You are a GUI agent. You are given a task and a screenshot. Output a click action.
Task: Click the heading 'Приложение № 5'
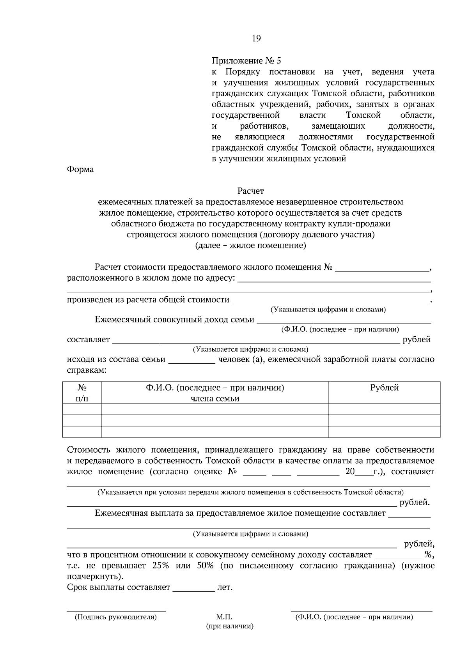coord(246,61)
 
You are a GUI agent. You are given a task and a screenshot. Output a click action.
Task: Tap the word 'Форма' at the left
coord(80,170)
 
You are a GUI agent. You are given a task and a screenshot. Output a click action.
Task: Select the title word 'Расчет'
coord(250,191)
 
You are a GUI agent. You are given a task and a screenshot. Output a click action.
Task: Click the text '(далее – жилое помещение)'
coord(250,246)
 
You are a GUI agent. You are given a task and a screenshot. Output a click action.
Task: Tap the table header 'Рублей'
coord(384,388)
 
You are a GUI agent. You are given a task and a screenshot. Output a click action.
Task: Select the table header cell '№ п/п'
coord(82,393)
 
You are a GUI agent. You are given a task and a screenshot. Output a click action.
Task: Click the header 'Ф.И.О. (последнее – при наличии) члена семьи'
coord(215,393)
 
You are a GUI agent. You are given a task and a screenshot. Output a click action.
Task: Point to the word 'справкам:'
coord(87,370)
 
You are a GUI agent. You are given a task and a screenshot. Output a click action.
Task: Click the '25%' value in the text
coord(160,566)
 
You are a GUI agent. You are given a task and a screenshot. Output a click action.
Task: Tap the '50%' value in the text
coord(205,566)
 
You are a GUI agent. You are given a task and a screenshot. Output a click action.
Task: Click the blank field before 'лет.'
coord(194,588)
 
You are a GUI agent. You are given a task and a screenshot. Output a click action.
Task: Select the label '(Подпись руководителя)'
coord(116,617)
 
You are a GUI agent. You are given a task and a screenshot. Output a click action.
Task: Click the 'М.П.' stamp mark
coord(224,617)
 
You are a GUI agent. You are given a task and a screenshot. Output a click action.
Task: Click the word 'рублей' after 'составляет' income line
coord(417,340)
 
